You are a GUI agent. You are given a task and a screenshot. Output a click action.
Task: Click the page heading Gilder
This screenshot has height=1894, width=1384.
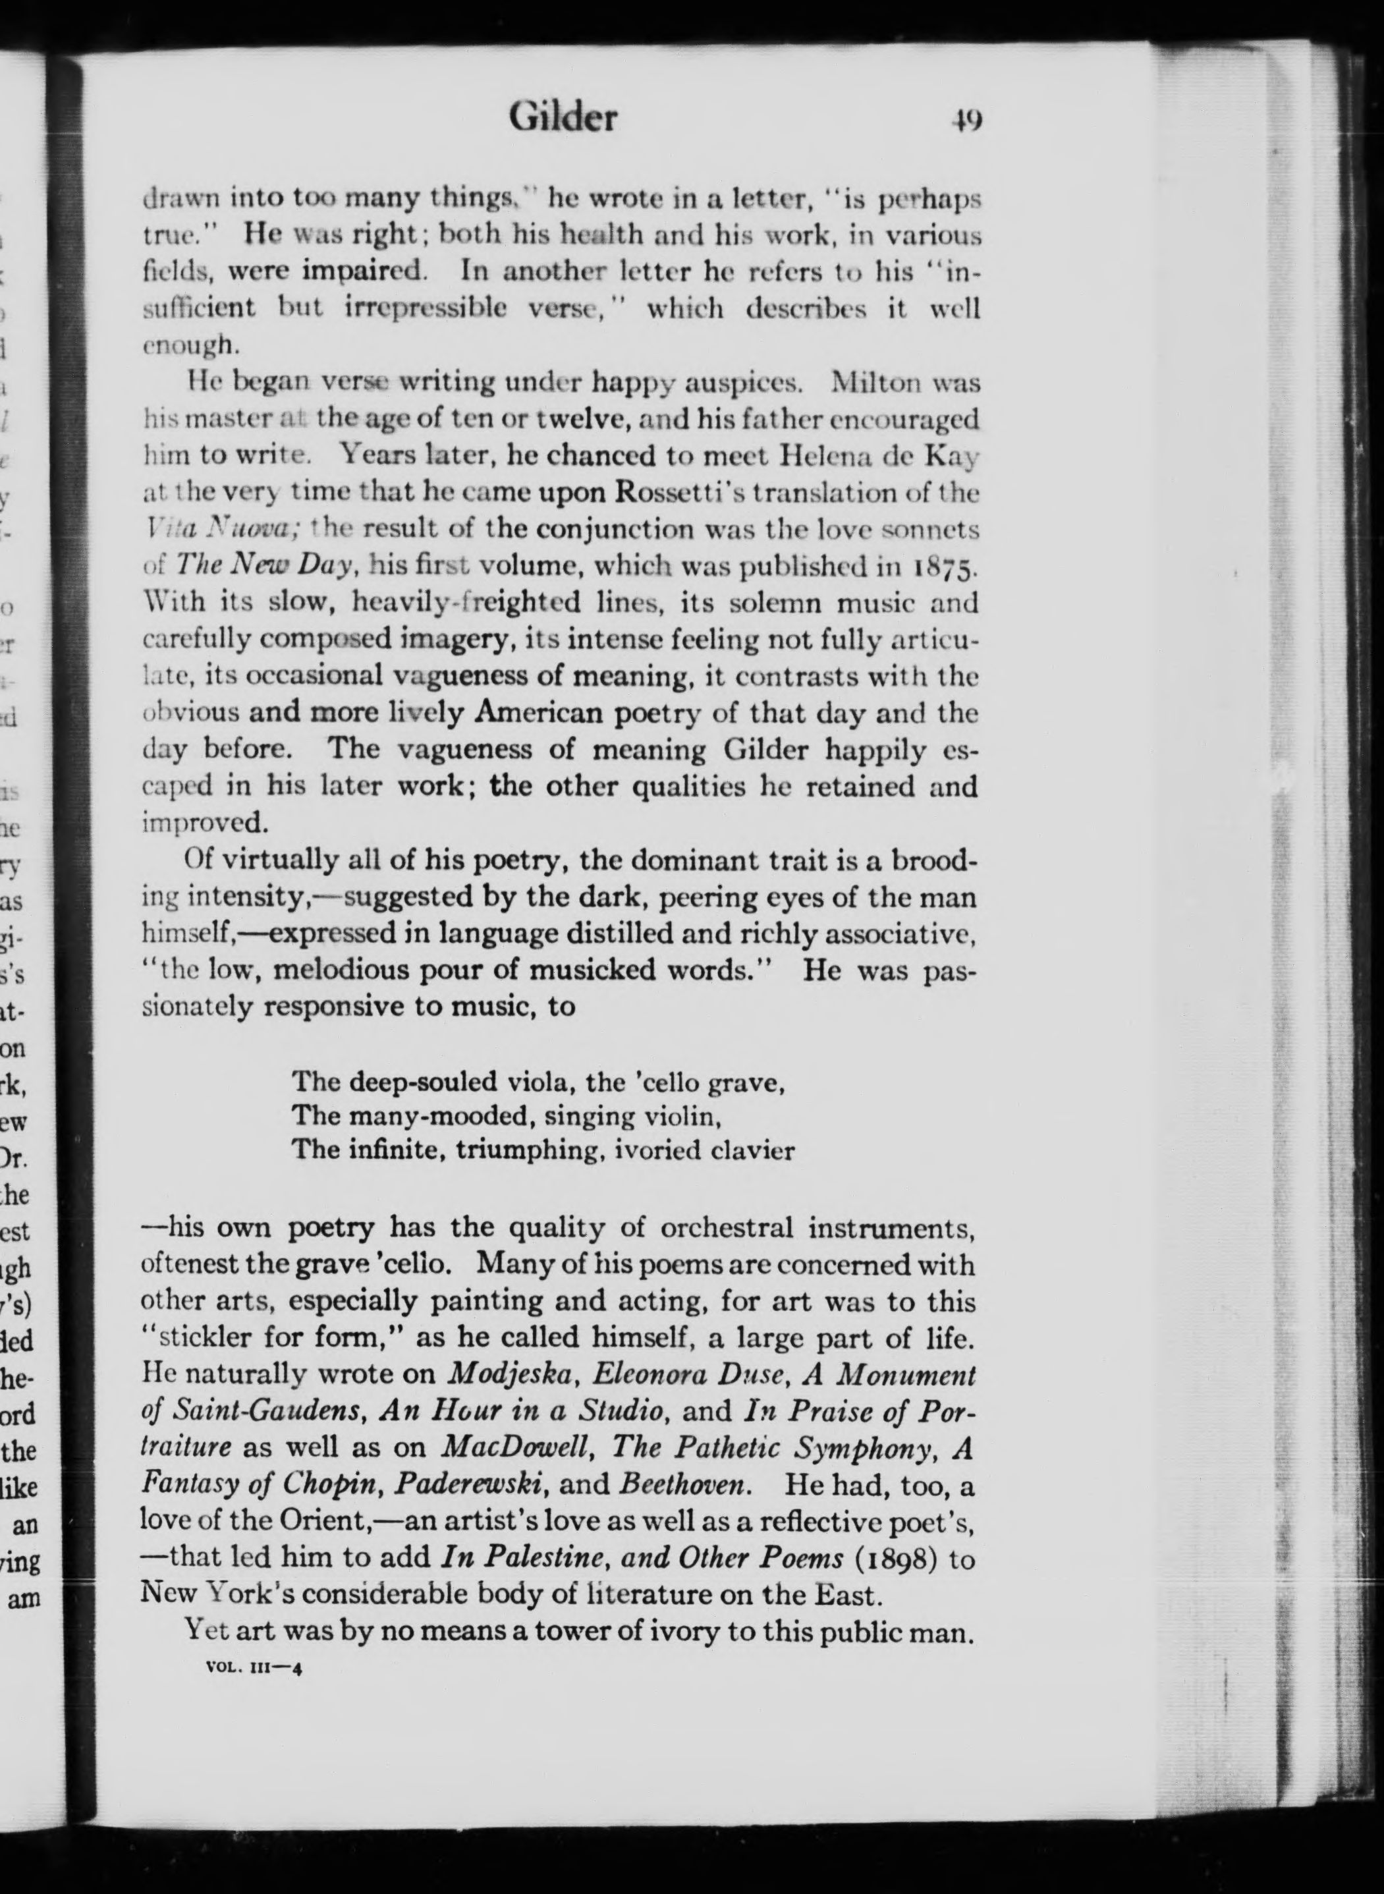[x=563, y=118]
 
